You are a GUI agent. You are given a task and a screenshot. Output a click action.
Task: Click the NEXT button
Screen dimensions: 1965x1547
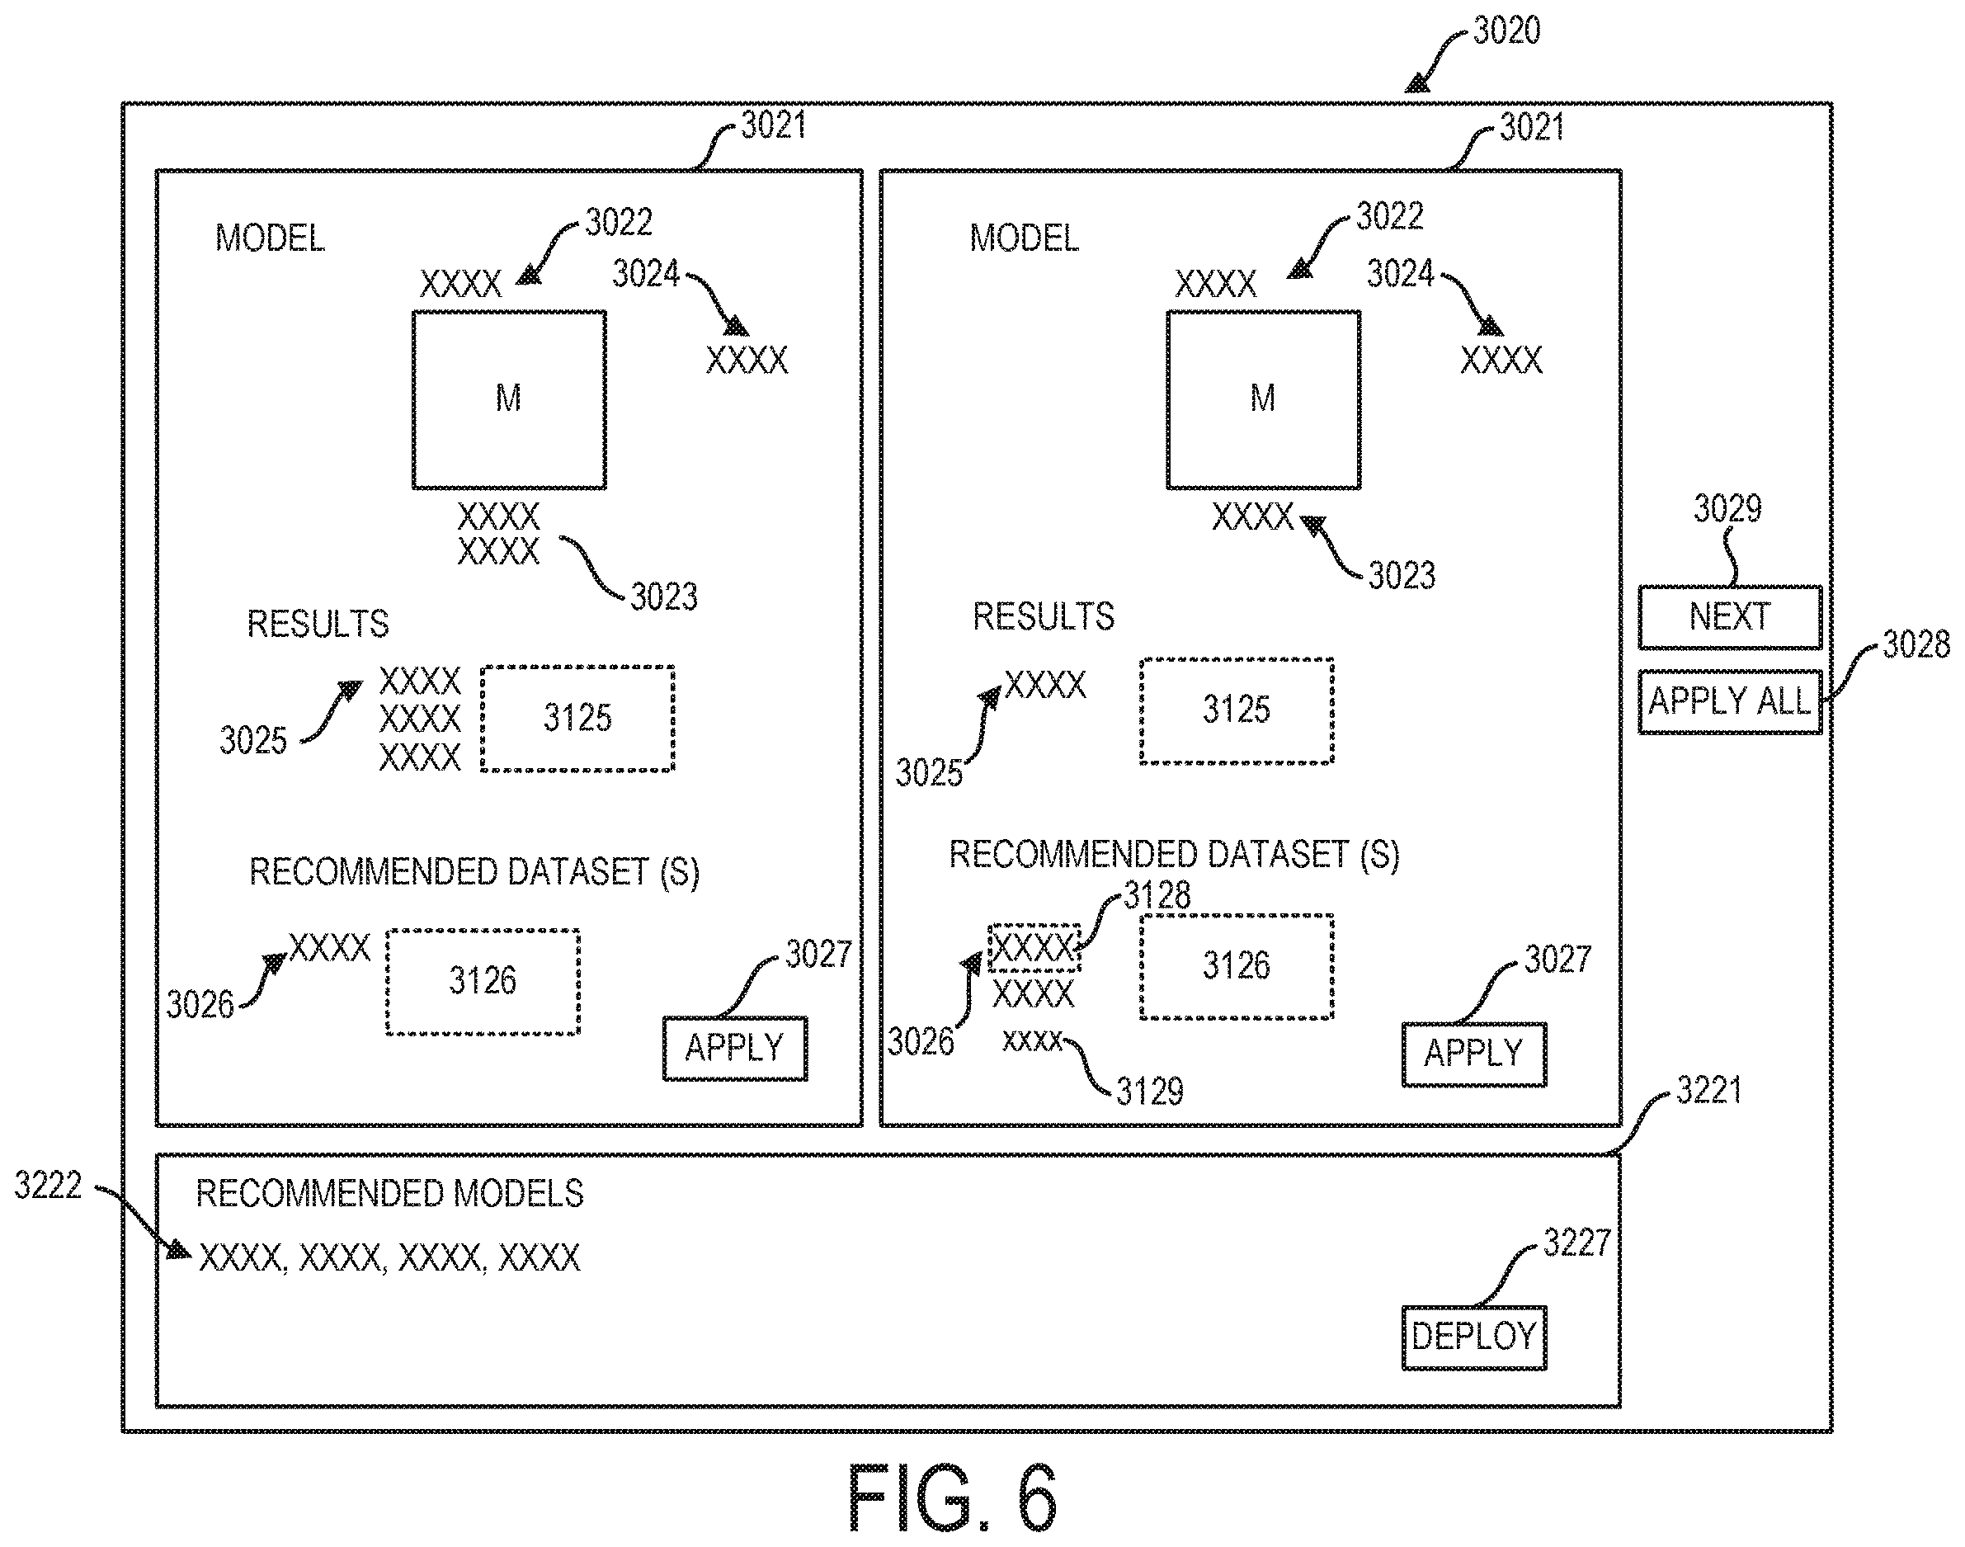pos(1730,617)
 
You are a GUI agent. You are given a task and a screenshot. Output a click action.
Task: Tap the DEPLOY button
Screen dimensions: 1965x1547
pos(1474,1337)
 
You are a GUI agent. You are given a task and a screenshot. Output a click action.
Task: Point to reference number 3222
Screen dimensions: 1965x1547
pos(48,1185)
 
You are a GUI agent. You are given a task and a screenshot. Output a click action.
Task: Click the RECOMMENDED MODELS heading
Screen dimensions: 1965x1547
pos(390,1194)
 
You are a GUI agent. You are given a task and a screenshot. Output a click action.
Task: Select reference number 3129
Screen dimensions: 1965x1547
pos(1149,1092)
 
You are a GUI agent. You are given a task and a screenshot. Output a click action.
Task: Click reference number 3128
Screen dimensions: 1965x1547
pos(1157,896)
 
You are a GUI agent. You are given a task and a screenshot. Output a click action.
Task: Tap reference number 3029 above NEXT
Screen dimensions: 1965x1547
pos(1727,509)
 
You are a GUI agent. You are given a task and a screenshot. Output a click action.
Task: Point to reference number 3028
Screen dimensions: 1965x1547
pos(1916,645)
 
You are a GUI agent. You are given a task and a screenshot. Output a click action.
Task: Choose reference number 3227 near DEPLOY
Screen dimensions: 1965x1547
pos(1576,1243)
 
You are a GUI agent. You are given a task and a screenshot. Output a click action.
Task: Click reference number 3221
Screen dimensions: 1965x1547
pos(1709,1090)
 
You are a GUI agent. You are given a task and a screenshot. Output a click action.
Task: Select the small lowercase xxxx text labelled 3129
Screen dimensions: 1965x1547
pos(1032,1041)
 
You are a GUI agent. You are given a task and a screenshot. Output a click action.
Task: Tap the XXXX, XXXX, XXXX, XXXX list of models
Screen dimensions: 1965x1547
pos(389,1258)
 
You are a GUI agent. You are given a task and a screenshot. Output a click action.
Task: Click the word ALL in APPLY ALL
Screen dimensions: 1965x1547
pos(1784,701)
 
